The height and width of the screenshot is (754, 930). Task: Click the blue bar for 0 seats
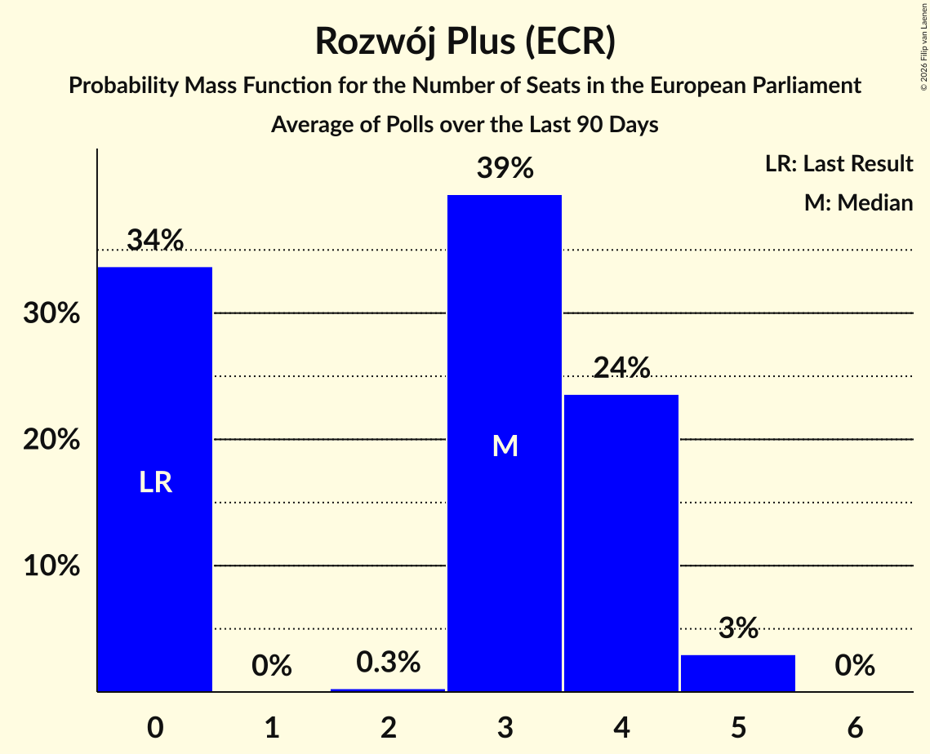pyautogui.click(x=155, y=479)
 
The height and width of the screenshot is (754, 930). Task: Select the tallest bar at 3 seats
pyautogui.click(x=504, y=443)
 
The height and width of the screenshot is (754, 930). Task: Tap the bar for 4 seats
pyautogui.click(x=621, y=543)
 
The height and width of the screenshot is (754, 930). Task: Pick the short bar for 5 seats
pyautogui.click(x=738, y=672)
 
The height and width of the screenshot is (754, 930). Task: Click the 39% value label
pyautogui.click(x=505, y=168)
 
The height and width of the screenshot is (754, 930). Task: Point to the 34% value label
pyautogui.click(x=155, y=240)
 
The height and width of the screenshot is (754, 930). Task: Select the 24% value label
pyautogui.click(x=621, y=367)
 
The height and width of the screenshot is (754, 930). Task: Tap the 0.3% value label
pyautogui.click(x=388, y=662)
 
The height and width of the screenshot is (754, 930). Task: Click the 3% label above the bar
pyautogui.click(x=738, y=628)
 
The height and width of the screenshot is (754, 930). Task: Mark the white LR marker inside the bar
pyautogui.click(x=155, y=482)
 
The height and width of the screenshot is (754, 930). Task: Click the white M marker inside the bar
pyautogui.click(x=505, y=446)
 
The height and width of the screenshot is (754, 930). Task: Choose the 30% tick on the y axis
pyautogui.click(x=51, y=313)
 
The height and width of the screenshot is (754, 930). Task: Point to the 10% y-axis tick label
pyautogui.click(x=51, y=565)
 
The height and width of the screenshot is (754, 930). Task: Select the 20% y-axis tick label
pyautogui.click(x=51, y=439)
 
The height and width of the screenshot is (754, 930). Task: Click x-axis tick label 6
pyautogui.click(x=855, y=727)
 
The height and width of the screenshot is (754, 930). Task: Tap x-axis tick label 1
pyautogui.click(x=272, y=727)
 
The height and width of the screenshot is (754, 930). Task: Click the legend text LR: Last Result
pyautogui.click(x=839, y=163)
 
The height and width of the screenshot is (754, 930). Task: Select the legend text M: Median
pyautogui.click(x=858, y=202)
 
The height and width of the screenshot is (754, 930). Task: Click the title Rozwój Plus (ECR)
pyautogui.click(x=465, y=42)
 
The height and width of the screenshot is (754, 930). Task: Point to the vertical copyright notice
pyautogui.click(x=923, y=47)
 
